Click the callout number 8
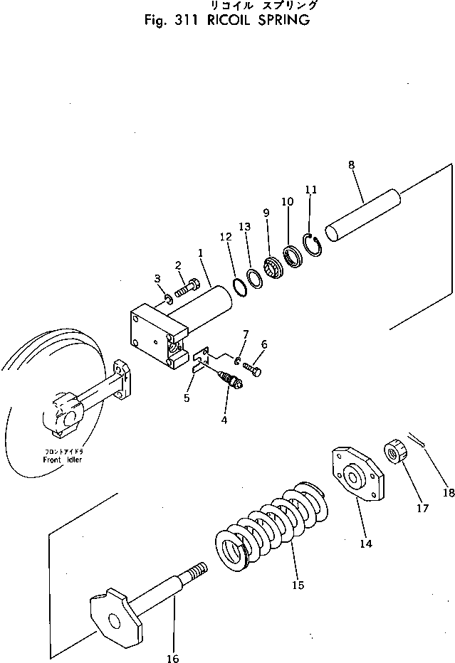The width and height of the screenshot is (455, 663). (352, 167)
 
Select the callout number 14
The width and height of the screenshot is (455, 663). (365, 543)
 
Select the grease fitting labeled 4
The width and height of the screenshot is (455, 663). (231, 382)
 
